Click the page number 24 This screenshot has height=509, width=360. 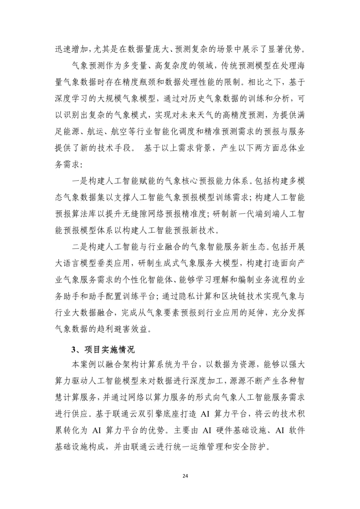[185, 476]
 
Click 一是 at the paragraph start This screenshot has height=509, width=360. [80, 181]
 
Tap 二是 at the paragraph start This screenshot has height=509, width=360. [80, 247]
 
